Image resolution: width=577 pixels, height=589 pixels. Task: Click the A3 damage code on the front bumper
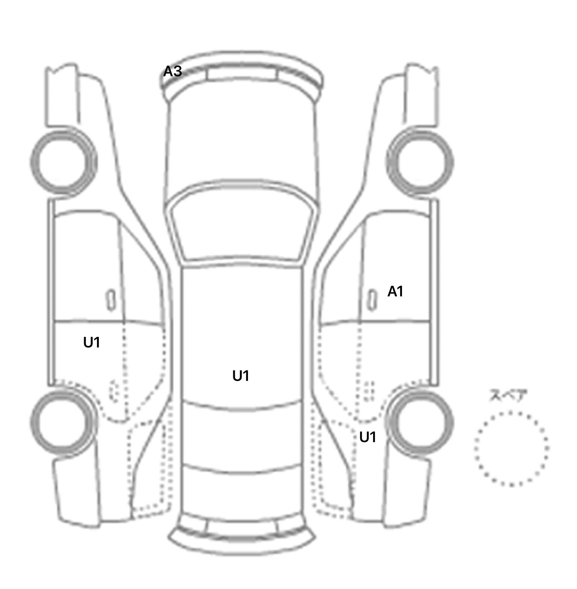click(x=172, y=71)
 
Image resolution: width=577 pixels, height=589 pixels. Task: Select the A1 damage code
click(x=395, y=291)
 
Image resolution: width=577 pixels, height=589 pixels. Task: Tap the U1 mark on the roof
click(x=241, y=376)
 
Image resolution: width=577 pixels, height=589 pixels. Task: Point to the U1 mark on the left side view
click(x=92, y=342)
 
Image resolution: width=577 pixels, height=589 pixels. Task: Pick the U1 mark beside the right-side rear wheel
click(x=368, y=437)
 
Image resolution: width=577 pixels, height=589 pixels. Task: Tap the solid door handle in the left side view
click(x=110, y=300)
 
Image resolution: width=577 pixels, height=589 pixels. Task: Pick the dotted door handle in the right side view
click(x=369, y=391)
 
